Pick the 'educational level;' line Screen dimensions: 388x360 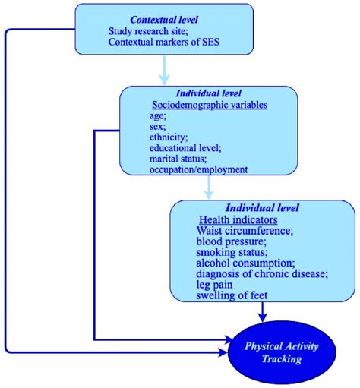tap(185, 149)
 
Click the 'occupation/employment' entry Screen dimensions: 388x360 tap(197, 170)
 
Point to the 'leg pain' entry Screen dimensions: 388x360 tap(216, 285)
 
